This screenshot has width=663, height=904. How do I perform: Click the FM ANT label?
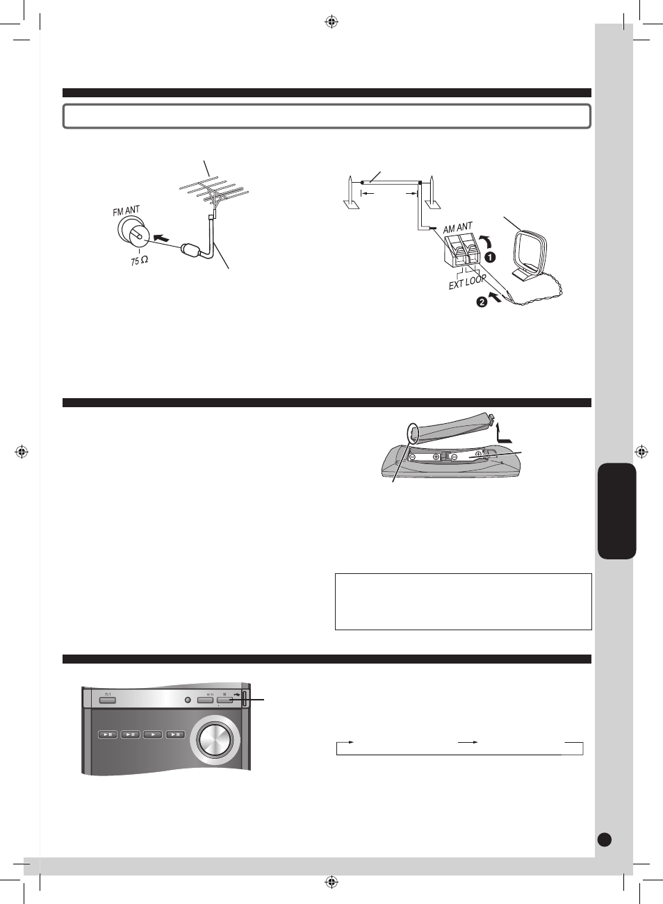tap(126, 211)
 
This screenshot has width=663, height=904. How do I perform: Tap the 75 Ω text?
tap(139, 261)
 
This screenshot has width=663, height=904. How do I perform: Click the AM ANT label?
tap(457, 228)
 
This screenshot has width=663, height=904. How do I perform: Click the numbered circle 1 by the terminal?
tap(490, 257)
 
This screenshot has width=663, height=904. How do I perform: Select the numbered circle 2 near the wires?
tap(482, 302)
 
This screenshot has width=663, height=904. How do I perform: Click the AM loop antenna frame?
tap(532, 253)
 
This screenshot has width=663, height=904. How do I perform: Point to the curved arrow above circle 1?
tap(486, 241)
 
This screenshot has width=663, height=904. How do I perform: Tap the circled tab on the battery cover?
tap(413, 433)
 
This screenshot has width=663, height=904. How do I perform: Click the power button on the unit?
tap(107, 700)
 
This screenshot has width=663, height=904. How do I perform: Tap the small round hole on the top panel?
tap(188, 700)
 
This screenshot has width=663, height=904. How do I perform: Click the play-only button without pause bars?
tap(153, 734)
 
